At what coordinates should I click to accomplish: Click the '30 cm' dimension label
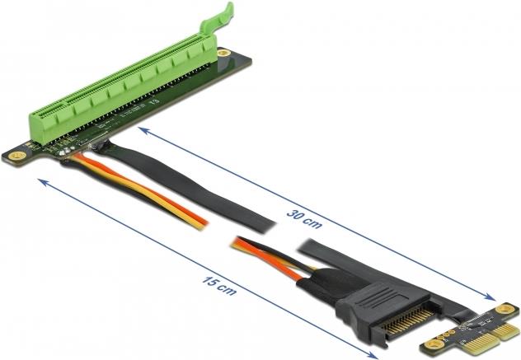click(304, 219)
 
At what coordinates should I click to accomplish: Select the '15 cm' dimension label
click(219, 287)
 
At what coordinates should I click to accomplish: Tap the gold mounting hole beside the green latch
click(224, 53)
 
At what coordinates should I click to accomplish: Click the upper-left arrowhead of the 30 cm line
click(143, 129)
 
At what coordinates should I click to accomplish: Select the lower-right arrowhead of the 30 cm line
click(489, 297)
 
